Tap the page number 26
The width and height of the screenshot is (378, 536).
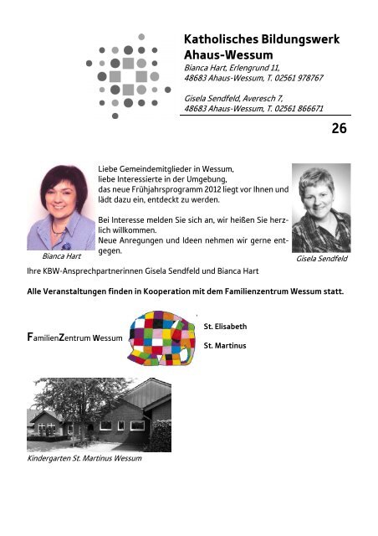click(339, 128)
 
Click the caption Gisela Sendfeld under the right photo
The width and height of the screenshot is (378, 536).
click(322, 260)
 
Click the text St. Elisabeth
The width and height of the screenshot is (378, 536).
click(225, 325)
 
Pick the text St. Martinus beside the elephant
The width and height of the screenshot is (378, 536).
click(224, 344)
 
